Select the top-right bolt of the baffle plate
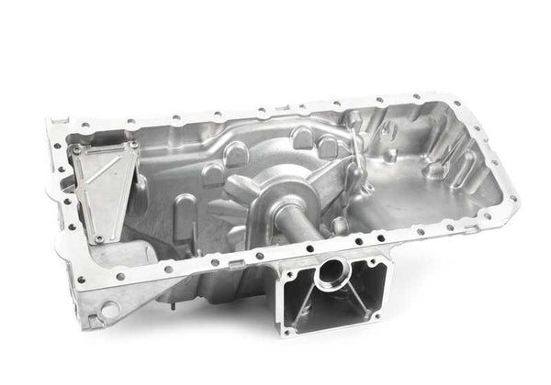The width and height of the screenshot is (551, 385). (x=134, y=145)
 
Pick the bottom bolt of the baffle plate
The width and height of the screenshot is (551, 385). (x=98, y=239)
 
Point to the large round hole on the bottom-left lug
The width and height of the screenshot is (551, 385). (x=110, y=309)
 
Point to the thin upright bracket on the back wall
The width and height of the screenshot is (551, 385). (x=354, y=156)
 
